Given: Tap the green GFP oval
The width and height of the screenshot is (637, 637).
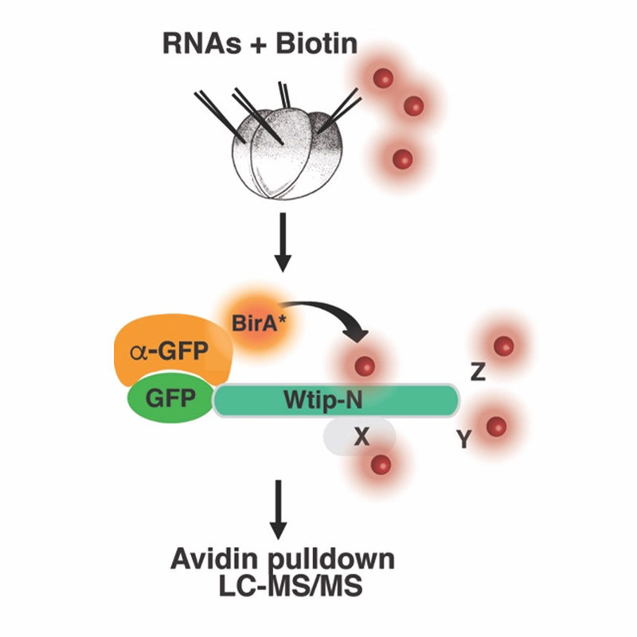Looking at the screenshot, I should [x=170, y=397].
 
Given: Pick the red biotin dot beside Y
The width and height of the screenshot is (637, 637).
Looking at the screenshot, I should [x=496, y=426].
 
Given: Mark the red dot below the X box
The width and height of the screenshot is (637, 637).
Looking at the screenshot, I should [x=381, y=463].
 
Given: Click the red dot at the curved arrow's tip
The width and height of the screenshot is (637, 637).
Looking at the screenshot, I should [x=365, y=366].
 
